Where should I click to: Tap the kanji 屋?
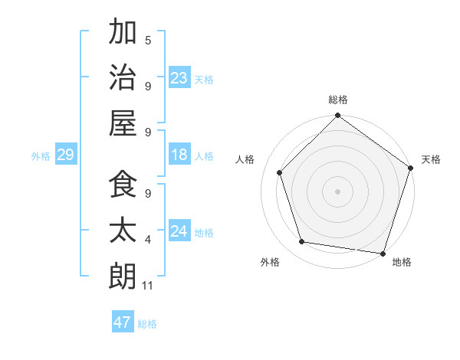coord(123,123)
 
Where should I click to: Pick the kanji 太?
coord(123,231)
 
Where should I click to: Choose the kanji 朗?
coord(123,275)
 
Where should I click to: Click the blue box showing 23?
coord(179,77)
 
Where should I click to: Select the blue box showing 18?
coord(179,155)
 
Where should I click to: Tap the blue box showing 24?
coord(179,231)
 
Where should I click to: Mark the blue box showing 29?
coord(65,155)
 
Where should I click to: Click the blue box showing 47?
coord(123,322)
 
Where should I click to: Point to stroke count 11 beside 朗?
coord(148,286)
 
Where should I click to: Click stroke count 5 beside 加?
coord(148,41)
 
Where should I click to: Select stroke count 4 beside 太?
coord(148,241)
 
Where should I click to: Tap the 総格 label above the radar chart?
coord(338,100)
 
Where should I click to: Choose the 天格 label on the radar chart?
coord(431,159)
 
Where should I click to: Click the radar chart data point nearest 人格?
coord(280,172)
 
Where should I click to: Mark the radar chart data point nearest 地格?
coord(383,253)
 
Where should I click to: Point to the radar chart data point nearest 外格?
coord(302,242)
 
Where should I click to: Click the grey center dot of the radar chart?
coord(338,191)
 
